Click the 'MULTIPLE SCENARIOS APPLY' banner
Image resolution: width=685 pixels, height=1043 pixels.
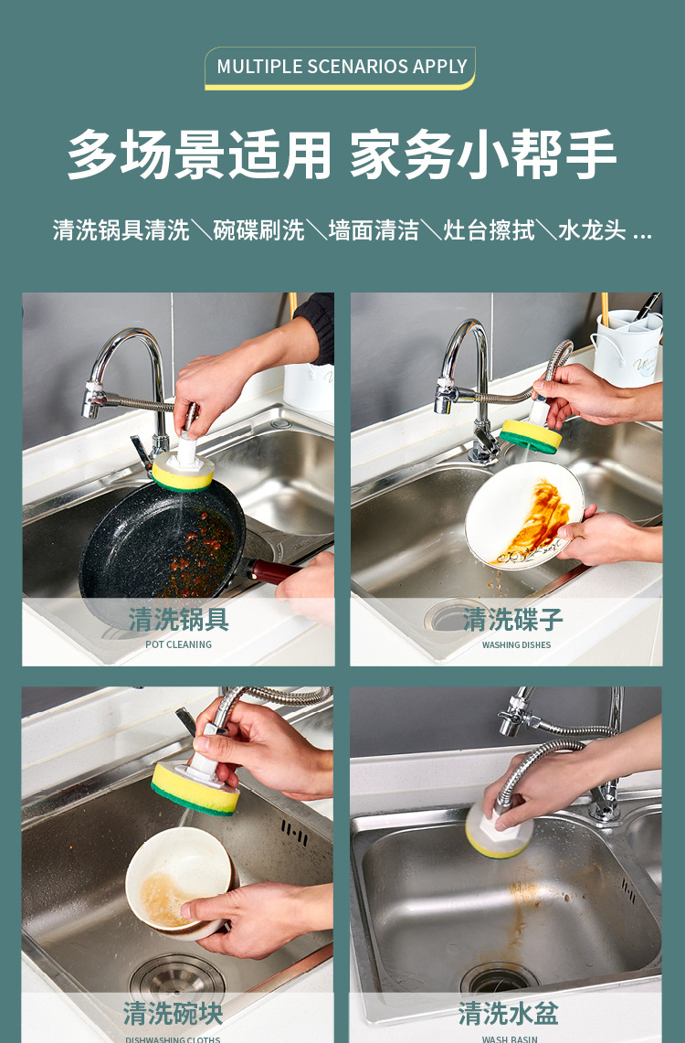[x=342, y=67]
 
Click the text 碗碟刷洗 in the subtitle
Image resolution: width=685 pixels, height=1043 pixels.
[x=258, y=229]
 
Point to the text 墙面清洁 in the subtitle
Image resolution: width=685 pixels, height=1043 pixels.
[x=374, y=229]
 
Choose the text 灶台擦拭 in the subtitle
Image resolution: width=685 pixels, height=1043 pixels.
[x=489, y=229]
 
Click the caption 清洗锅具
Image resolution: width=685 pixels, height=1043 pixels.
[x=178, y=619]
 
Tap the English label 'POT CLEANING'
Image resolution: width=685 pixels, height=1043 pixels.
[x=178, y=644]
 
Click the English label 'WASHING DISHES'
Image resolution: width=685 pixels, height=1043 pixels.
[x=516, y=644]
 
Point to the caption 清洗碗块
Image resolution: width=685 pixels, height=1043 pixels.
[x=174, y=1013]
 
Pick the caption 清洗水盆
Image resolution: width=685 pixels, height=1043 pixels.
[x=508, y=1013]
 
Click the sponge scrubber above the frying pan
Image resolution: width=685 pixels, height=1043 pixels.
[x=183, y=471]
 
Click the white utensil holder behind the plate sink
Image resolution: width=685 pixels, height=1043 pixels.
[x=627, y=346]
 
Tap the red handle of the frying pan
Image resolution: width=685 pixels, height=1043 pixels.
[x=274, y=572]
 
